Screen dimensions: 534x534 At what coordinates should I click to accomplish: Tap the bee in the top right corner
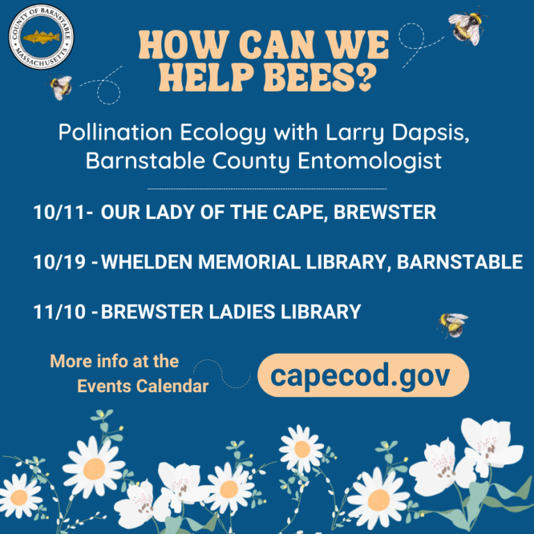pos(467,26)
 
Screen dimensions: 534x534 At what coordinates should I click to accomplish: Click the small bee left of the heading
pos(61,87)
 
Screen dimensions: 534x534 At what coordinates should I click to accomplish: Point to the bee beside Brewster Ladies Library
pos(452,324)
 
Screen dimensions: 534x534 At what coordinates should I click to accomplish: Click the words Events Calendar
pos(143,387)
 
